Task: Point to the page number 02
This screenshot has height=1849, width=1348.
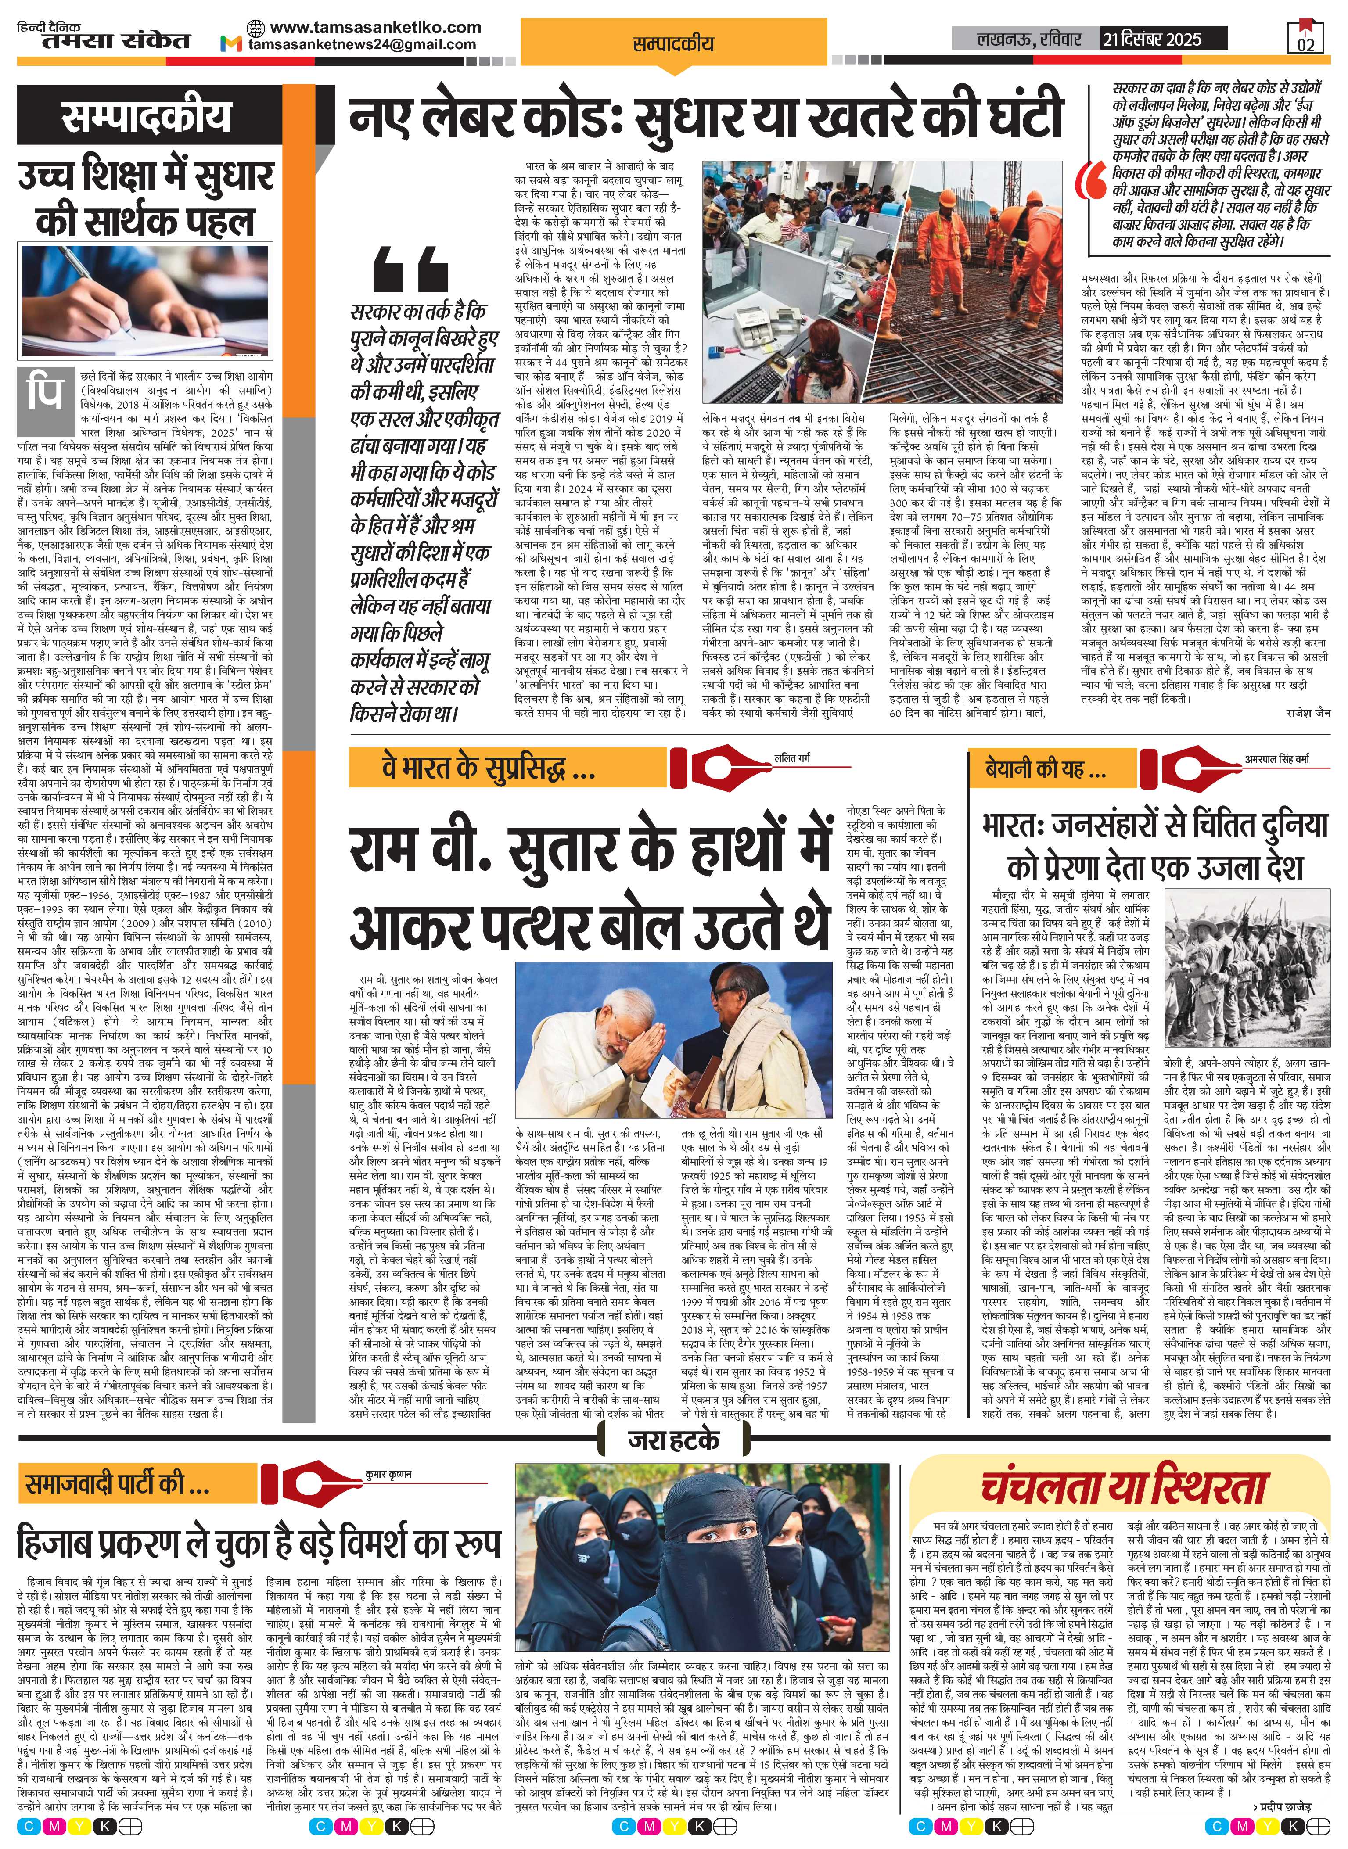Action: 1305,43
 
